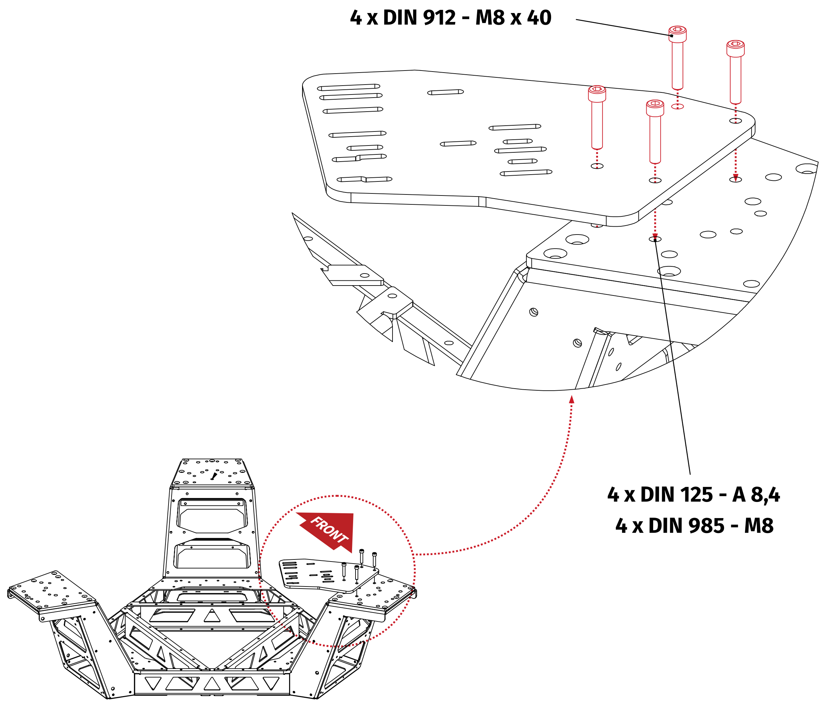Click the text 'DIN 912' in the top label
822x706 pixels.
click(419, 18)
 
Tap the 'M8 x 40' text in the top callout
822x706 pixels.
click(513, 18)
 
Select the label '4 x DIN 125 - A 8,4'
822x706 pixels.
click(693, 495)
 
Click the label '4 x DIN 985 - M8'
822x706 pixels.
click(694, 526)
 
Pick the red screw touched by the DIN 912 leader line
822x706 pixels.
click(677, 58)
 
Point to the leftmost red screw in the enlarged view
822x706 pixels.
click(597, 117)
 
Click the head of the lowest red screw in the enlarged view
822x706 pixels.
click(655, 108)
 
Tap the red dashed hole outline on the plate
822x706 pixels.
click(677, 106)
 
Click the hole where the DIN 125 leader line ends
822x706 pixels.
click(655, 239)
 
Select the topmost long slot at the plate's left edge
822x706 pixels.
click(348, 87)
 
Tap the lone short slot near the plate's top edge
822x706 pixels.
click(445, 92)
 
